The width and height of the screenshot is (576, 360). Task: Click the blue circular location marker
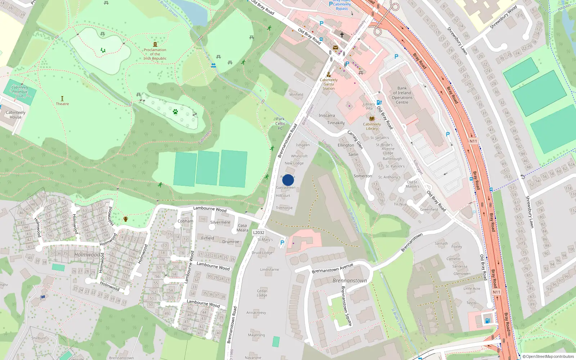[x=288, y=180]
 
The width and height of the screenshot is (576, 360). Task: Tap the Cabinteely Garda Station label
[x=328, y=84]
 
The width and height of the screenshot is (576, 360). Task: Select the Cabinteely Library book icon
[x=372, y=118]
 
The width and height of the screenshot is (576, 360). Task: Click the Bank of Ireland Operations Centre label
[x=402, y=95]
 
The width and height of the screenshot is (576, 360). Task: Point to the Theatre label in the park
[x=62, y=104]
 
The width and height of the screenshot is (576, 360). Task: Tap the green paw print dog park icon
[x=175, y=112]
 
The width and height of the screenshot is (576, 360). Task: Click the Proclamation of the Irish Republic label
[x=155, y=54]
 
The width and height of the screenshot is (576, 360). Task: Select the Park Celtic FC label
[x=280, y=123]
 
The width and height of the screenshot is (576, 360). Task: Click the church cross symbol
[x=342, y=35]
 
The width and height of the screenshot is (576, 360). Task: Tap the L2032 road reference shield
[x=258, y=233]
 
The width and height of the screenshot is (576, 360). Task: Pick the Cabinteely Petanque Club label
[x=20, y=91]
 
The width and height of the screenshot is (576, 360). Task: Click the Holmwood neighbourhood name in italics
[x=87, y=255]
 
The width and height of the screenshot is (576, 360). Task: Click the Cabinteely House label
[x=15, y=114]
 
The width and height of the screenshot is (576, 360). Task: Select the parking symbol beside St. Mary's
[x=282, y=243]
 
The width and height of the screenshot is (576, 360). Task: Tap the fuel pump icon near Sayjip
[x=487, y=320]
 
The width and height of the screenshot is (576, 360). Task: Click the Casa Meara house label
[x=242, y=228]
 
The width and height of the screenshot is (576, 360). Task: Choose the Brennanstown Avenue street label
[x=332, y=268]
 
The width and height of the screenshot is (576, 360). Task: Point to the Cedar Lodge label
[x=262, y=293]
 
